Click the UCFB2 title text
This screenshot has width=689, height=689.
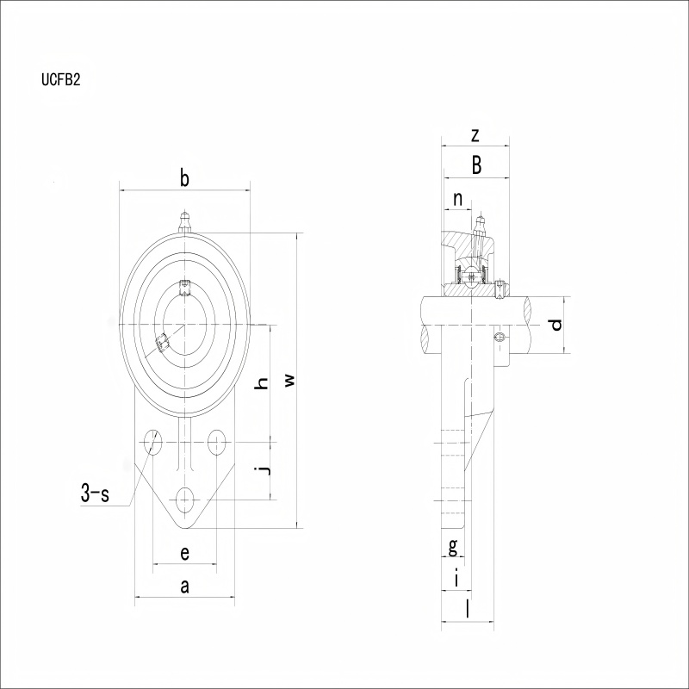[x=61, y=79]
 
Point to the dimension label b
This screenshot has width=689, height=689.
[x=185, y=178]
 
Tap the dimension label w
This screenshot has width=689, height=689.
[x=289, y=380]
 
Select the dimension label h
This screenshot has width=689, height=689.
[x=262, y=383]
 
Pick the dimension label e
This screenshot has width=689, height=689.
[x=185, y=553]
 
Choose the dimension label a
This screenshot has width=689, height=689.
[x=185, y=586]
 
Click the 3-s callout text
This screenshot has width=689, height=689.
[x=95, y=493]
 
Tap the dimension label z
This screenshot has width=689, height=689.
[x=475, y=136]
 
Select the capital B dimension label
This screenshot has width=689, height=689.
[x=476, y=165]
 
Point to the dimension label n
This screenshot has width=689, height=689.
[x=458, y=199]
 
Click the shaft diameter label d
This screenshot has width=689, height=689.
[x=556, y=325]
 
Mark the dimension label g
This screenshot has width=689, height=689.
[x=453, y=547]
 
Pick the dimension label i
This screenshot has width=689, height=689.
[x=457, y=578]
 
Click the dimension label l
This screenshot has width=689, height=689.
[x=468, y=610]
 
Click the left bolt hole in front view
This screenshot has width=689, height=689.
[x=152, y=442]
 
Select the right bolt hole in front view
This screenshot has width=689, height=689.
[x=217, y=442]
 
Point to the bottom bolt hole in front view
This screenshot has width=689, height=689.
[x=185, y=500]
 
